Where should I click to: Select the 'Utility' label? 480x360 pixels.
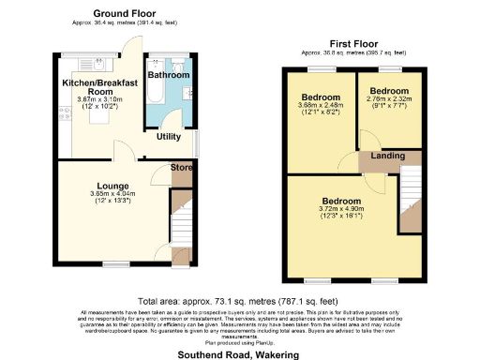169,137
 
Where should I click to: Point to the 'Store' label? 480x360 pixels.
181,168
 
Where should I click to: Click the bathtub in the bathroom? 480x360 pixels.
155,95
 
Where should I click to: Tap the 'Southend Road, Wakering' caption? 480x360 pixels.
236,355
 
